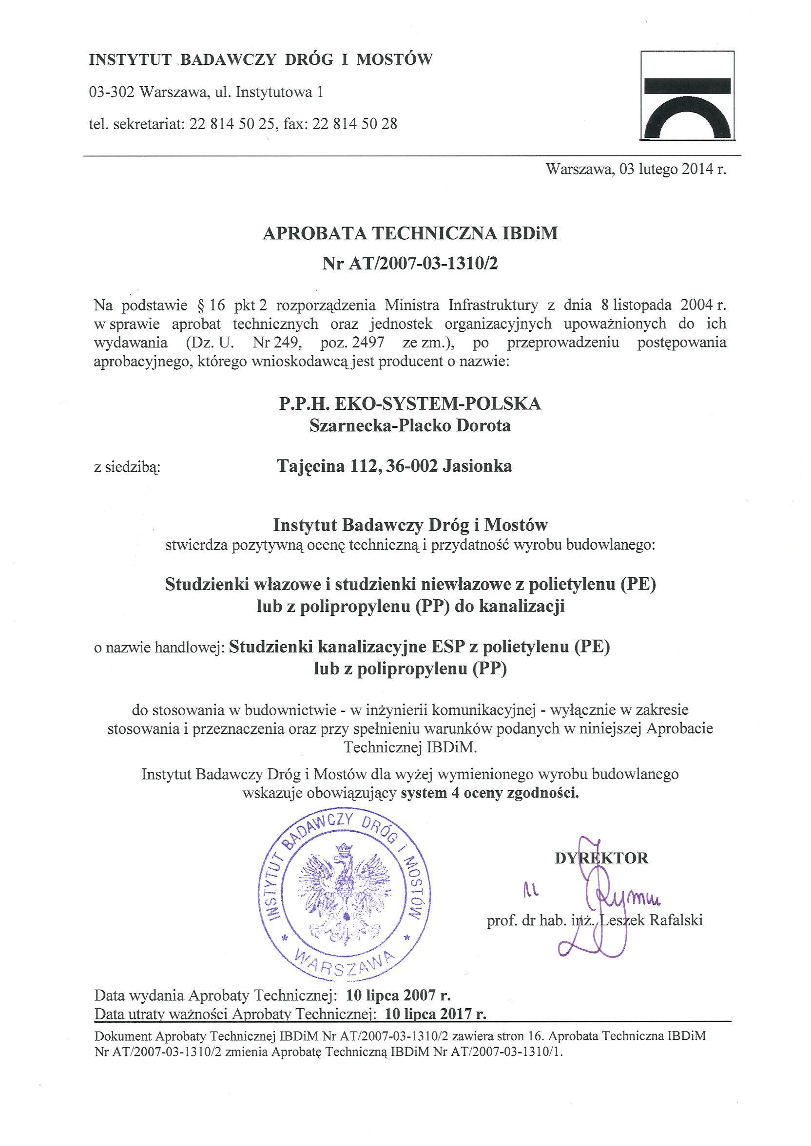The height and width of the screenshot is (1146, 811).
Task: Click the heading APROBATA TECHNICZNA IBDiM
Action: tap(409, 233)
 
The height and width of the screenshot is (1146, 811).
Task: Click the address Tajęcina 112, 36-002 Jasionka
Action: tap(394, 466)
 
